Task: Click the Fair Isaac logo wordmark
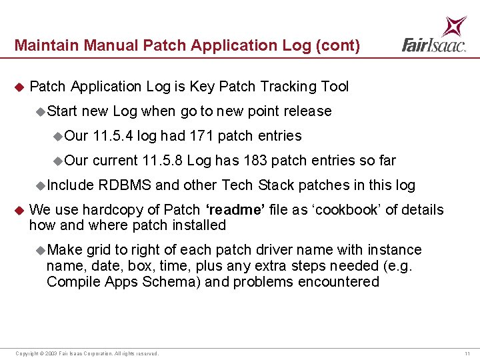coord(433,45)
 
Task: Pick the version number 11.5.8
coord(163,161)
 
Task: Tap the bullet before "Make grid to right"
coord(41,250)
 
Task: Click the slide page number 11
coord(467,353)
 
